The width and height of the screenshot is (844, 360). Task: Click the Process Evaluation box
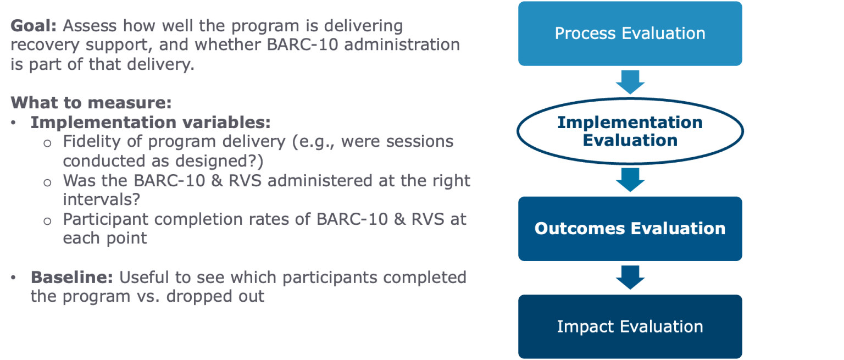(630, 34)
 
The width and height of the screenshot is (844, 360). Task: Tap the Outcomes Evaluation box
(630, 229)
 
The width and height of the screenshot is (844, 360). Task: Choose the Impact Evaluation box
(630, 326)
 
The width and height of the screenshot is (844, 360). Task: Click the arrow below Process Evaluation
(630, 82)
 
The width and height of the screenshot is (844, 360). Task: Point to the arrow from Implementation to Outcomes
(630, 180)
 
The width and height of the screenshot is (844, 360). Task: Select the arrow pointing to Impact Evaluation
(630, 278)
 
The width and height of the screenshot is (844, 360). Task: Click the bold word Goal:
(34, 26)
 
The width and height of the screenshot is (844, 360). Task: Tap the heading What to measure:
(91, 103)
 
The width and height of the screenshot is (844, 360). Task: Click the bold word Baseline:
(72, 278)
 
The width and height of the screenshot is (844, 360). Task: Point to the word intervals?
(101, 200)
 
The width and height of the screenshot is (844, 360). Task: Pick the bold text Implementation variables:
(151, 123)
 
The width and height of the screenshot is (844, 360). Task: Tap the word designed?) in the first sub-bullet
(219, 162)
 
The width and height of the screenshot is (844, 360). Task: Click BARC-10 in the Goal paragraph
(302, 45)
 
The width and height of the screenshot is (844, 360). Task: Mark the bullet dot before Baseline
(14, 278)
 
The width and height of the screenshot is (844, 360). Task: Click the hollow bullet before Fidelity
(47, 143)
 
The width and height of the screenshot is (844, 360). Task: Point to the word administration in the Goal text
(402, 45)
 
